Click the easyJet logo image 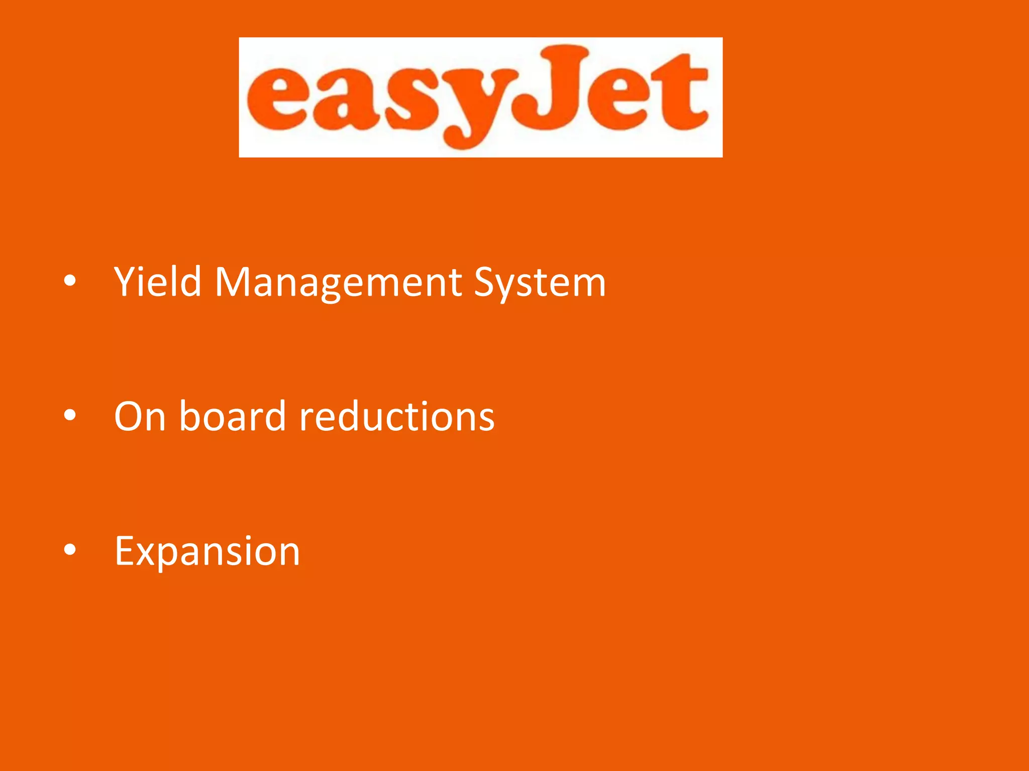click(x=480, y=97)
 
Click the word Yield click(x=158, y=282)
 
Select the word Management click(x=338, y=282)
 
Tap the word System click(x=540, y=282)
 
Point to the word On click(x=140, y=417)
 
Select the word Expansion click(x=207, y=551)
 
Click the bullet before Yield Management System click(x=70, y=281)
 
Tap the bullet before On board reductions click(x=70, y=415)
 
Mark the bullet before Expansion click(x=70, y=550)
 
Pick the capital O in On click(x=130, y=417)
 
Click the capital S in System click(x=486, y=282)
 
